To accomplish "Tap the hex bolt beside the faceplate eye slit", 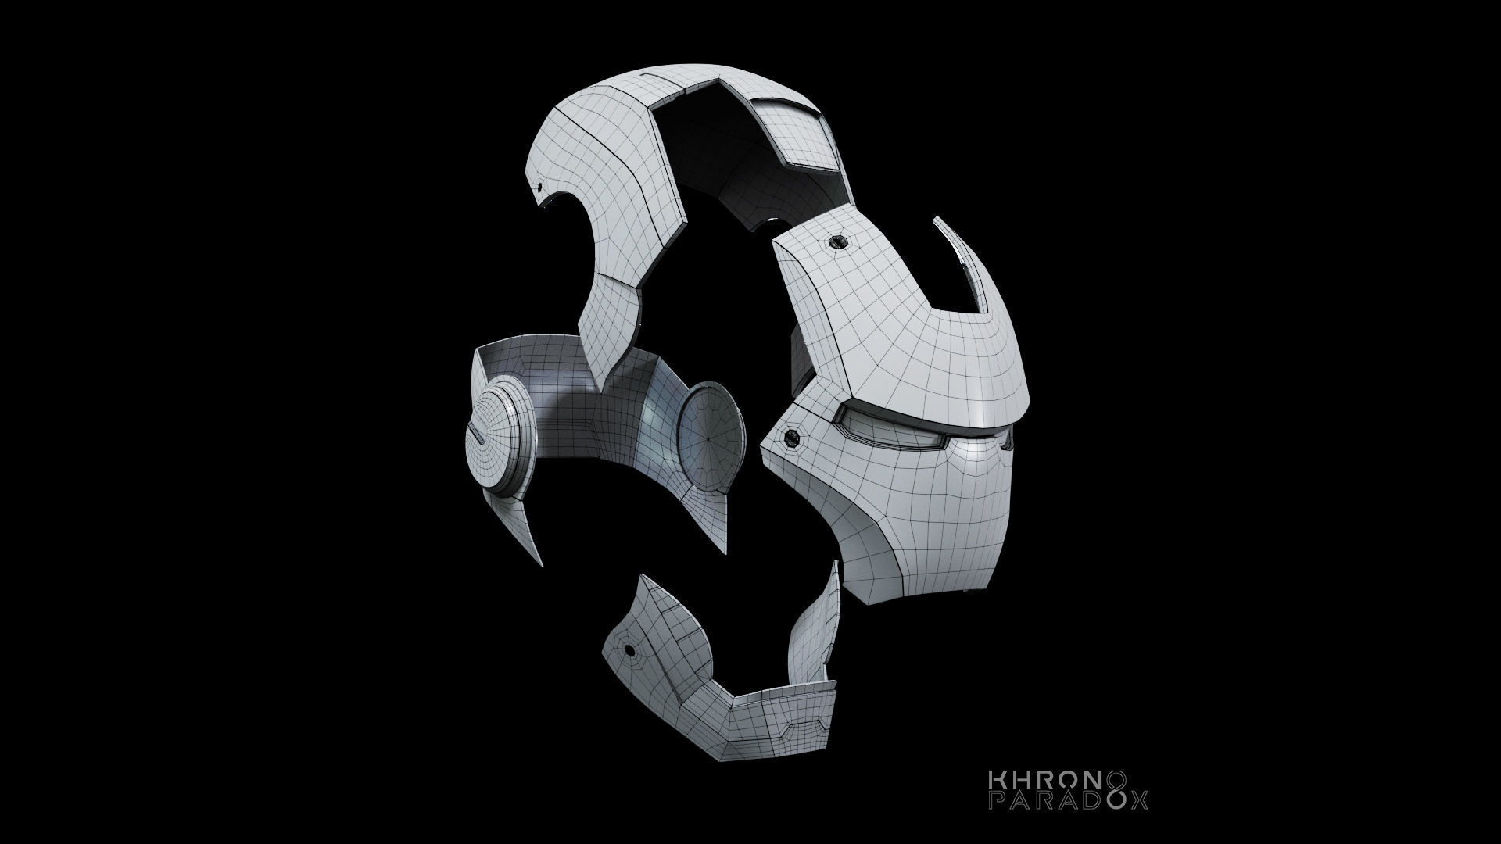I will [x=791, y=438].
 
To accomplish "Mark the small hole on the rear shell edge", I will [x=538, y=188].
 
